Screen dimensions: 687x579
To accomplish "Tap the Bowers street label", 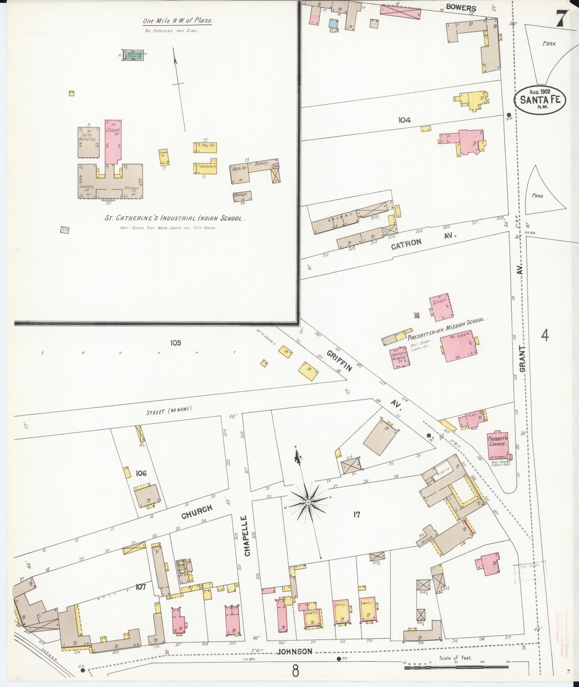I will [461, 8].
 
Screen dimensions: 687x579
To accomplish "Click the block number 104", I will [404, 120].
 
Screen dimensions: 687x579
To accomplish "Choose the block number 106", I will [141, 473].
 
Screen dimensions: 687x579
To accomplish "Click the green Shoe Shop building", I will [132, 55].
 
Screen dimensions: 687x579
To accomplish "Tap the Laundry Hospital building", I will [399, 357].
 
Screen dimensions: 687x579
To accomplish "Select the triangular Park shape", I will [546, 190].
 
